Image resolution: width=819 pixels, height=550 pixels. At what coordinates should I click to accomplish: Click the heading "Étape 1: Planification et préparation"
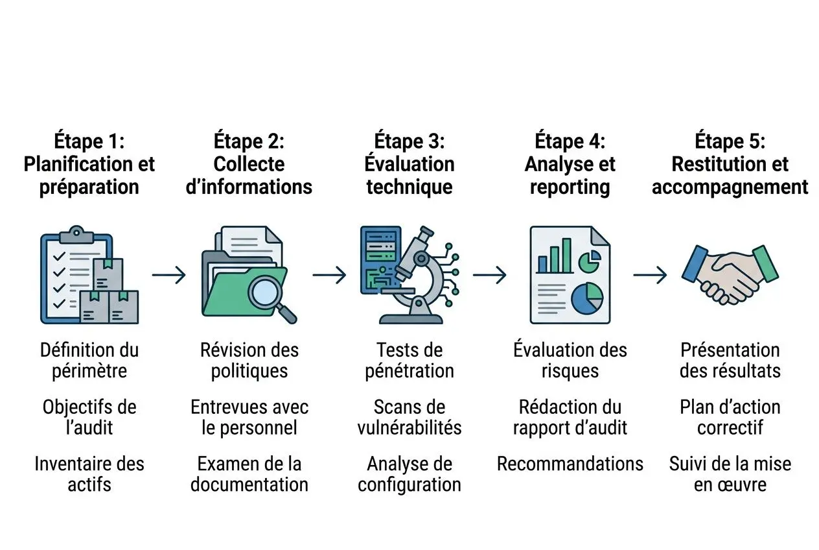89,164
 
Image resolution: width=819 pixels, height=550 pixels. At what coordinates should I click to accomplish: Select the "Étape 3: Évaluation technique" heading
409,164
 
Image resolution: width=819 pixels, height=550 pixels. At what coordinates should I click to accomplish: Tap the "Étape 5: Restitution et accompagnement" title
730,164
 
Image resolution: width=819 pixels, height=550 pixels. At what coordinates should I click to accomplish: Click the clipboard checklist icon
76,274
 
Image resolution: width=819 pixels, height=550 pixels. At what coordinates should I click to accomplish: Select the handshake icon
730,274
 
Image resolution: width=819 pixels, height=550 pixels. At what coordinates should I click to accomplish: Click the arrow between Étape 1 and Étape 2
169,275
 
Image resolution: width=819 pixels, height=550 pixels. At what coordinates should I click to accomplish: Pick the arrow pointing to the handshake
650,275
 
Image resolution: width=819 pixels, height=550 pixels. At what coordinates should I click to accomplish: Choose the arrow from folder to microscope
329,275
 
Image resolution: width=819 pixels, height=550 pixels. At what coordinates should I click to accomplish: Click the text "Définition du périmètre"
89,361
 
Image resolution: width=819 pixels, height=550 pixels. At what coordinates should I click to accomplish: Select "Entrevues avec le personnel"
249,417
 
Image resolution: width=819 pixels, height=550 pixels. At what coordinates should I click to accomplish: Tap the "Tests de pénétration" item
409,361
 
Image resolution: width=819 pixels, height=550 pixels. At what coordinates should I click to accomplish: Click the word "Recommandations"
570,464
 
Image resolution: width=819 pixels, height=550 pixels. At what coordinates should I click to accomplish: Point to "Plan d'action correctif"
730,417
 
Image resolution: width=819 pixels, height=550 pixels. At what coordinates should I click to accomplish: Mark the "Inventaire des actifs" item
89,474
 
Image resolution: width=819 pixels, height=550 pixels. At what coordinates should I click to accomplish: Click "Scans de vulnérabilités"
409,417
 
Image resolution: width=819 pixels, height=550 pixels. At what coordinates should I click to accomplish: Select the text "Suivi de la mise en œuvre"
730,474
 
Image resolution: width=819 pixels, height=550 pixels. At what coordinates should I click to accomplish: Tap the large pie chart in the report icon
587,297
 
